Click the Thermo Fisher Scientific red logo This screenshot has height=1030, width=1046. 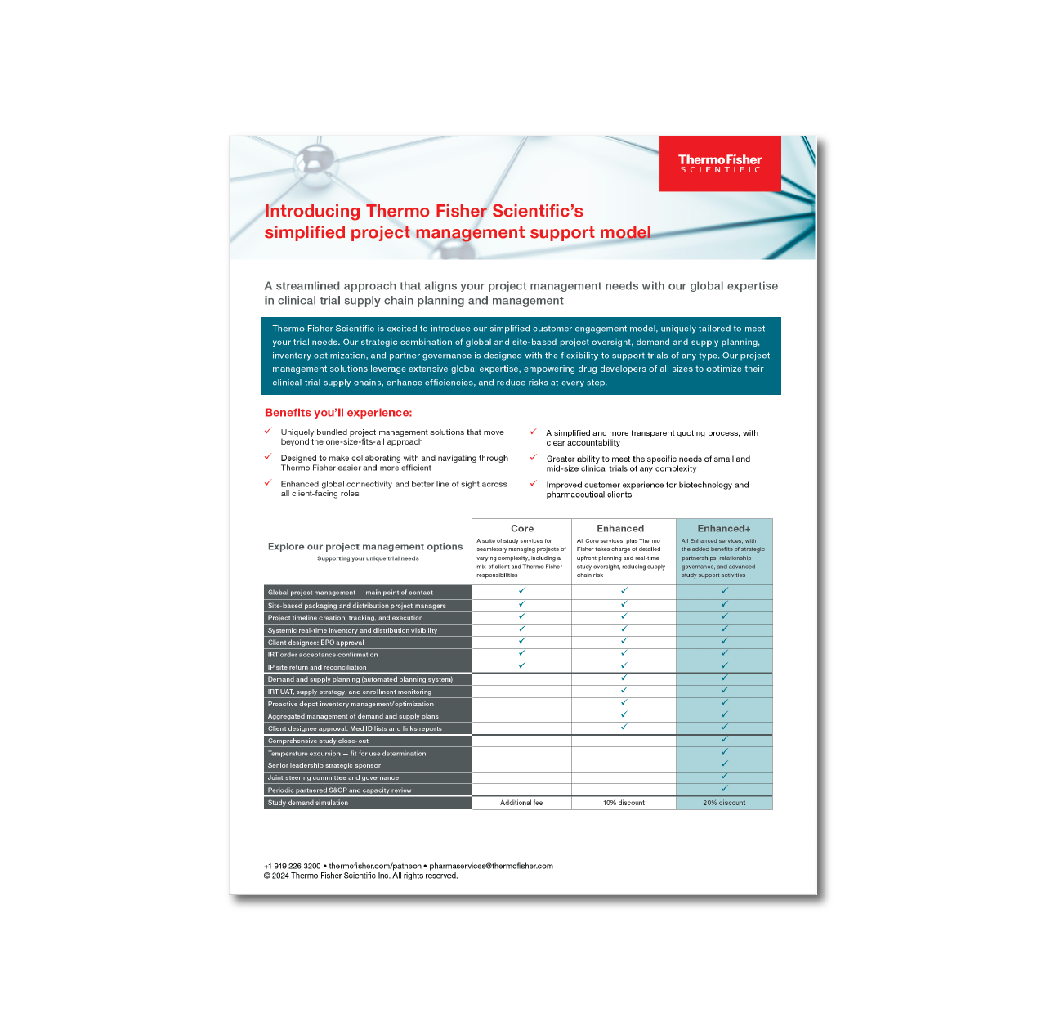tap(720, 163)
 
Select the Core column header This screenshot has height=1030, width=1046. tap(522, 529)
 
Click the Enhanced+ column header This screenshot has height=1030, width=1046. tap(724, 529)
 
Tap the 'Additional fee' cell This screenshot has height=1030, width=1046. tap(521, 803)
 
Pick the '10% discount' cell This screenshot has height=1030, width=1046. tap(624, 803)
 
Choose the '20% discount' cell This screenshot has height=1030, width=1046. tap(724, 803)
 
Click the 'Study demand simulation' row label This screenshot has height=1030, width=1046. tap(308, 803)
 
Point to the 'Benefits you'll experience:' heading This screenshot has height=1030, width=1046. tap(338, 413)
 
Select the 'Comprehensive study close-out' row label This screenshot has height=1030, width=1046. tap(318, 741)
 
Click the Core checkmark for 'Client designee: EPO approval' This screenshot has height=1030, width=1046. tap(522, 641)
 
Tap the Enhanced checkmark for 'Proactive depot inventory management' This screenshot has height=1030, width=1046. tap(624, 702)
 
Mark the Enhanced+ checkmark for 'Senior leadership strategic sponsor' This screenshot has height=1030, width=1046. tap(724, 764)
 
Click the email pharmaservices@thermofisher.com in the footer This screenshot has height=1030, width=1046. tap(491, 866)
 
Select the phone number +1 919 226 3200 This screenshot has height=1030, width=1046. tap(292, 866)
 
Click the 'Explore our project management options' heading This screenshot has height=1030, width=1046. tap(365, 547)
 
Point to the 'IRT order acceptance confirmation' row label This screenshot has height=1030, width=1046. tap(323, 655)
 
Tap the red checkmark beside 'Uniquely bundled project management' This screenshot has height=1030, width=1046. tap(268, 431)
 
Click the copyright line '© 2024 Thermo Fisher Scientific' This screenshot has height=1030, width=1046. tap(360, 875)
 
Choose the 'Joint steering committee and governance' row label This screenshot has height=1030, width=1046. tap(333, 778)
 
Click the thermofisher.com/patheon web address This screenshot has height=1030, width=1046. tap(375, 866)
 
